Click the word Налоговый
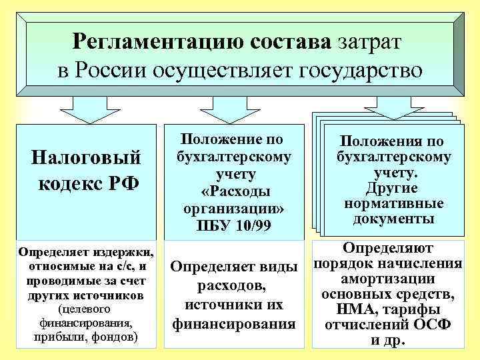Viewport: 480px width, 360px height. [87, 158]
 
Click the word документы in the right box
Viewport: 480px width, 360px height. [394, 218]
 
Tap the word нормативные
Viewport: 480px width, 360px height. [393, 203]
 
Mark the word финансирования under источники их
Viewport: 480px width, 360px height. [233, 325]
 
